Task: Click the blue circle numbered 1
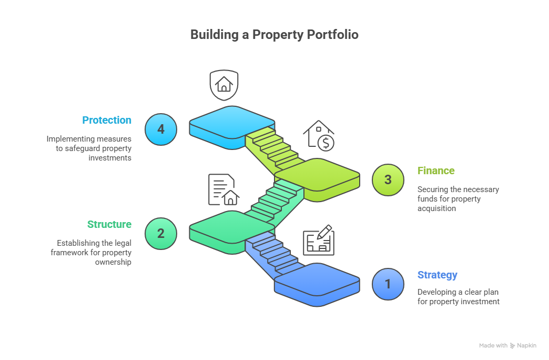point(388,284)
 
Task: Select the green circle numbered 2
point(161,233)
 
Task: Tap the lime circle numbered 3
point(388,179)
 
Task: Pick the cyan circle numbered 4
point(161,129)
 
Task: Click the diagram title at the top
point(274,40)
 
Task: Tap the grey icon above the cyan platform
point(224,85)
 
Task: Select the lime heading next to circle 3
point(436,174)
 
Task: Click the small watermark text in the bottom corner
point(507,347)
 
